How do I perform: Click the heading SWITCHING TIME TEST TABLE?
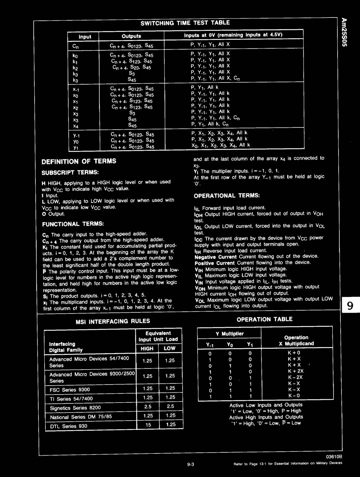tap(185, 23)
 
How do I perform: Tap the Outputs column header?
tap(131, 36)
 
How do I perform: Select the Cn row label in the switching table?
tap(75, 46)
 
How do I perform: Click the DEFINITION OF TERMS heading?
tap(79, 161)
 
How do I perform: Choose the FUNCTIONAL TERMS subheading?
tap(73, 224)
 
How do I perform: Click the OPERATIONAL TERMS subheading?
tap(227, 196)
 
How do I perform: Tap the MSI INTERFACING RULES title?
tap(113, 321)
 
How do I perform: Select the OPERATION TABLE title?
tap(264, 319)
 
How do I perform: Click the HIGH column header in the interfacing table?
tap(147, 348)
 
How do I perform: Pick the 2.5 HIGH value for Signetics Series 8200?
tap(147, 407)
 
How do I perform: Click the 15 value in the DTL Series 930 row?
tap(148, 425)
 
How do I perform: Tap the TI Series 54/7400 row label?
tap(71, 399)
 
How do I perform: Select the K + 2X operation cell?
tap(296, 371)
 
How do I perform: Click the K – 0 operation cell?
tap(294, 396)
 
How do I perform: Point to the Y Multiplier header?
tap(229, 334)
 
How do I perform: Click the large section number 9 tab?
tap(350, 306)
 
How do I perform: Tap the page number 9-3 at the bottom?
tap(190, 464)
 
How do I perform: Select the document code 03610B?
tap(334, 457)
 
